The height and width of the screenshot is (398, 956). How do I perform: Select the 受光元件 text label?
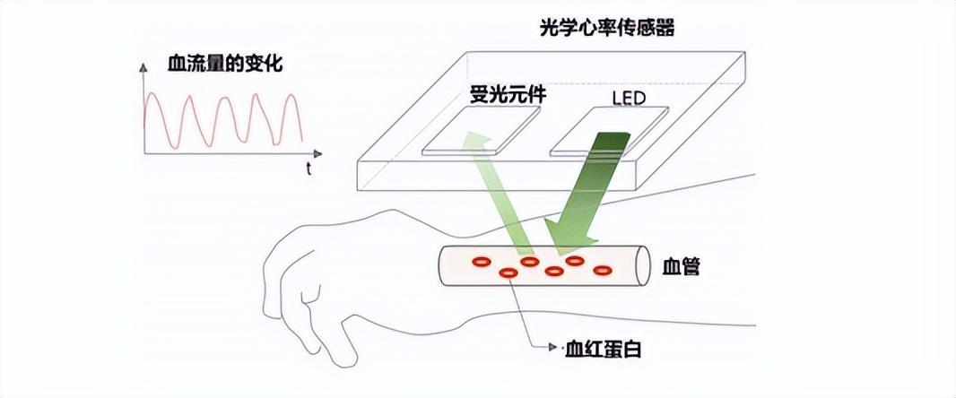point(508,94)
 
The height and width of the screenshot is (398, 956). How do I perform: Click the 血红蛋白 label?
point(603,348)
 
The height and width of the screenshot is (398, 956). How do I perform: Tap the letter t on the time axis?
point(308,169)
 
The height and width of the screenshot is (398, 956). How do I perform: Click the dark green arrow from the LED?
point(587,193)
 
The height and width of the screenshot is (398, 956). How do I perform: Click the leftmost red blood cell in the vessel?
point(482,263)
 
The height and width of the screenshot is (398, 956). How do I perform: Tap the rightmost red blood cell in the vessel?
point(602,269)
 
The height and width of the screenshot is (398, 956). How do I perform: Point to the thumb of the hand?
point(309,296)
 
